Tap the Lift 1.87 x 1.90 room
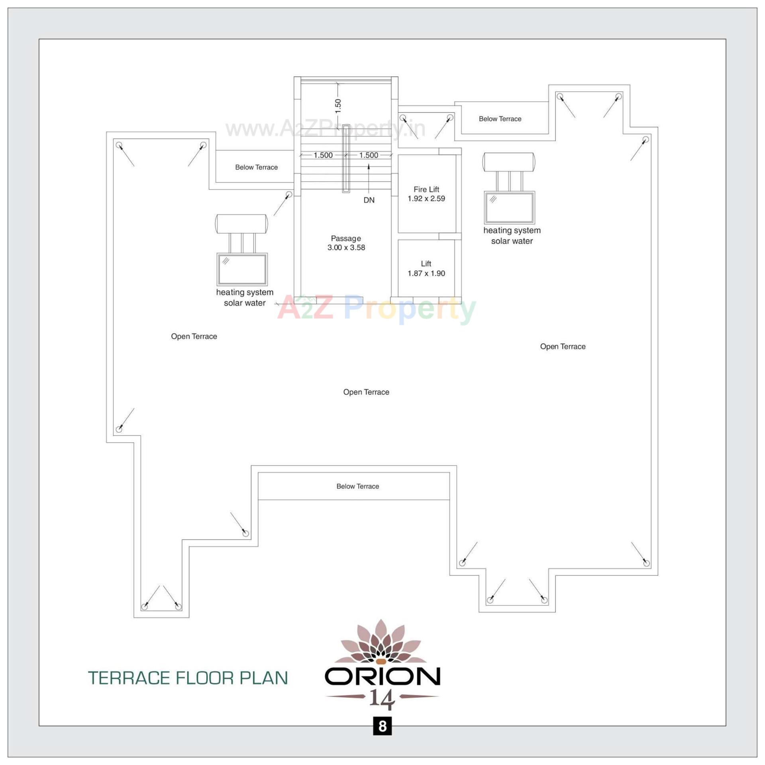coord(426,269)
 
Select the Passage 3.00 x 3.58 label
coord(346,243)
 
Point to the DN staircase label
coord(369,200)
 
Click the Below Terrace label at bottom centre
coord(357,486)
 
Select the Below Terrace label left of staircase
coord(256,167)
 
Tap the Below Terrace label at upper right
coord(500,119)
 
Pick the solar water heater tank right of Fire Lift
coord(509,162)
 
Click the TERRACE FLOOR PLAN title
coord(188,678)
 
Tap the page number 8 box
coord(382,726)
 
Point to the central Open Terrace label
coord(366,392)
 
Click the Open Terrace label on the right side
coord(563,347)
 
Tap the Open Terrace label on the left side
coord(194,336)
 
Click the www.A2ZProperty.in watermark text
coord(325,129)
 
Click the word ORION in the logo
coord(382,676)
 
